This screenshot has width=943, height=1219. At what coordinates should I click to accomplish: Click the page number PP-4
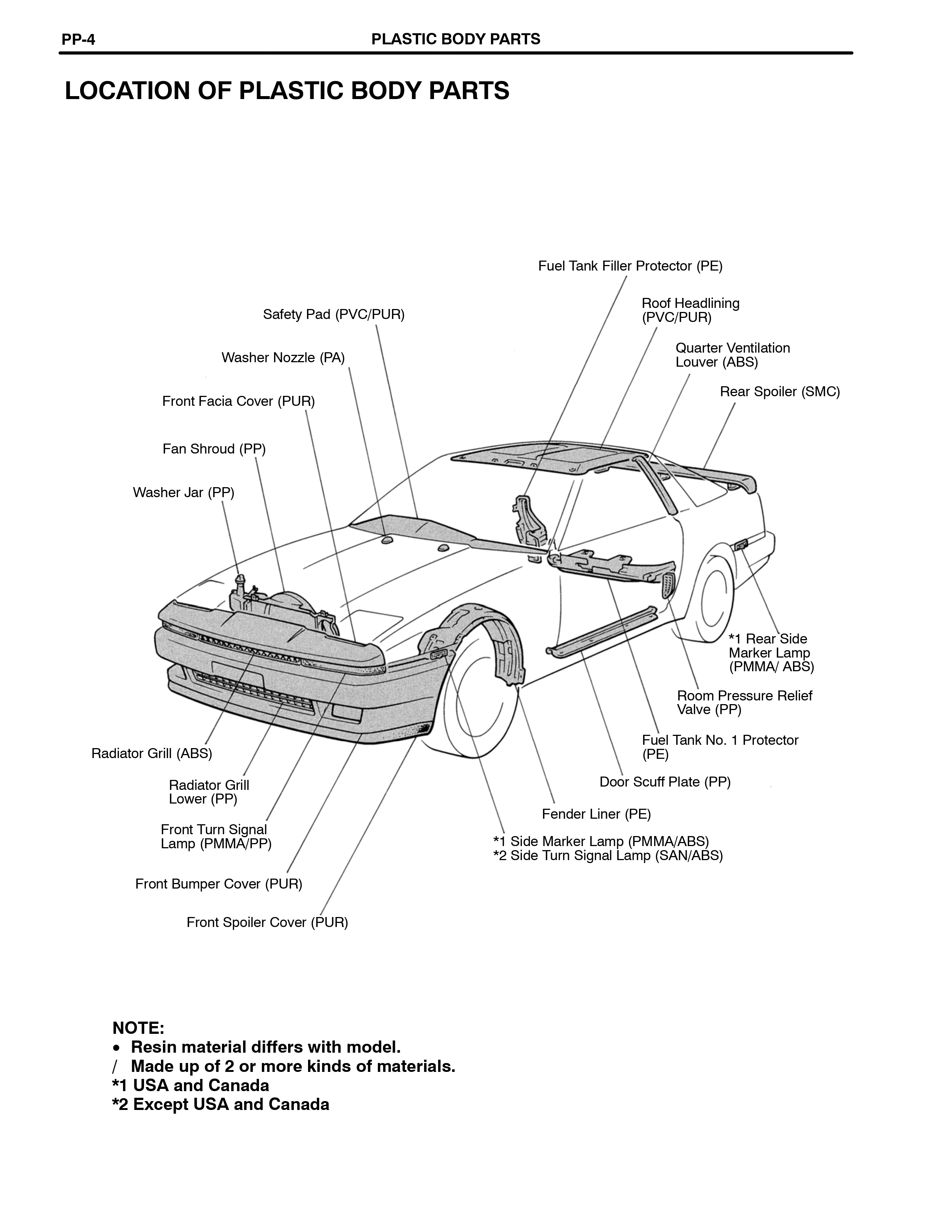[78, 39]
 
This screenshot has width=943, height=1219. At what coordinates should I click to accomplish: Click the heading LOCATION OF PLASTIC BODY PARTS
[287, 91]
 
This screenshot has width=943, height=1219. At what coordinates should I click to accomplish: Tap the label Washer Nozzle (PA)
[283, 358]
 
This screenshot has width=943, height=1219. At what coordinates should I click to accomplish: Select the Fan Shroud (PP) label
[214, 449]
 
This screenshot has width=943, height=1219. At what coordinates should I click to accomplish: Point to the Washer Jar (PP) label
[184, 492]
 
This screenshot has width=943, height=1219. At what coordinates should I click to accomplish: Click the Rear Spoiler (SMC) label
[780, 392]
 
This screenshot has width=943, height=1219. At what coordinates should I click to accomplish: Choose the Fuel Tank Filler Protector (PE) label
[630, 266]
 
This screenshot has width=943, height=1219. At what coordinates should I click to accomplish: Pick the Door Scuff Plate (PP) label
[665, 782]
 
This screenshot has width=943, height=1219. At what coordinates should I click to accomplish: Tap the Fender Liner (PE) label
[596, 814]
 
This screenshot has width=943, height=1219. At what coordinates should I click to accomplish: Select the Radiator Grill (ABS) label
[152, 754]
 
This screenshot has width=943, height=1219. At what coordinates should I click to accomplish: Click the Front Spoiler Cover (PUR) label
[267, 923]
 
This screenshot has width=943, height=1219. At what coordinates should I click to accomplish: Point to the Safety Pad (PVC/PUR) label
[334, 315]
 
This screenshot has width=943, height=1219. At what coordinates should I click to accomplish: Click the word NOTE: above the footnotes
[138, 1028]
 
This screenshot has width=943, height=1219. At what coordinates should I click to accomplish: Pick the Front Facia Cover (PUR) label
[239, 401]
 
